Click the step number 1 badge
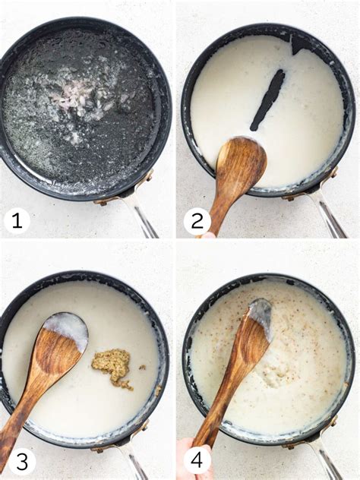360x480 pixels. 17,220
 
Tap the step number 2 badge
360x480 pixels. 197,221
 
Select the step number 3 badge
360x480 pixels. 22,462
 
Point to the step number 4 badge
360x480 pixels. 197,462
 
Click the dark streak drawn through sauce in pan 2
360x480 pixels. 267,99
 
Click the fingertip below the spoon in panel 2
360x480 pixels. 210,235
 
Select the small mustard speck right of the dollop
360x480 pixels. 142,367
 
